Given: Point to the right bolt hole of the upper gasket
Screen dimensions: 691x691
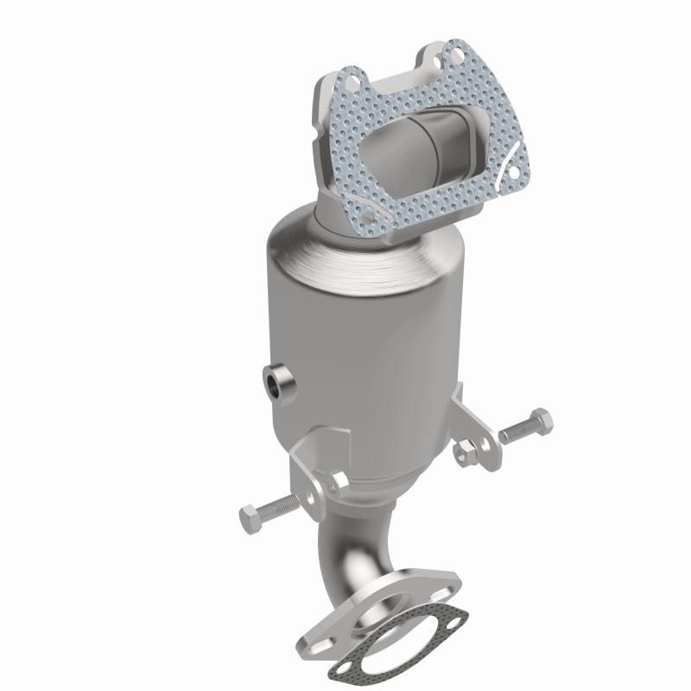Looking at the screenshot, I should (516, 171).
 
